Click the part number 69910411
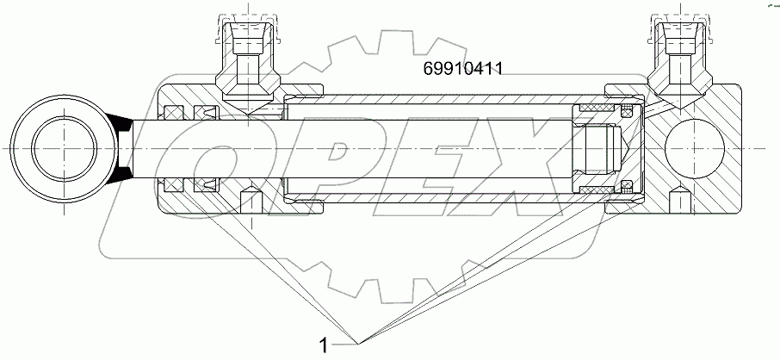pos(462,69)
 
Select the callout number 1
pos(323,346)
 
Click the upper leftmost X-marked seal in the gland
pos(175,111)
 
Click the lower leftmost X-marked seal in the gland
pos(175,183)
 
